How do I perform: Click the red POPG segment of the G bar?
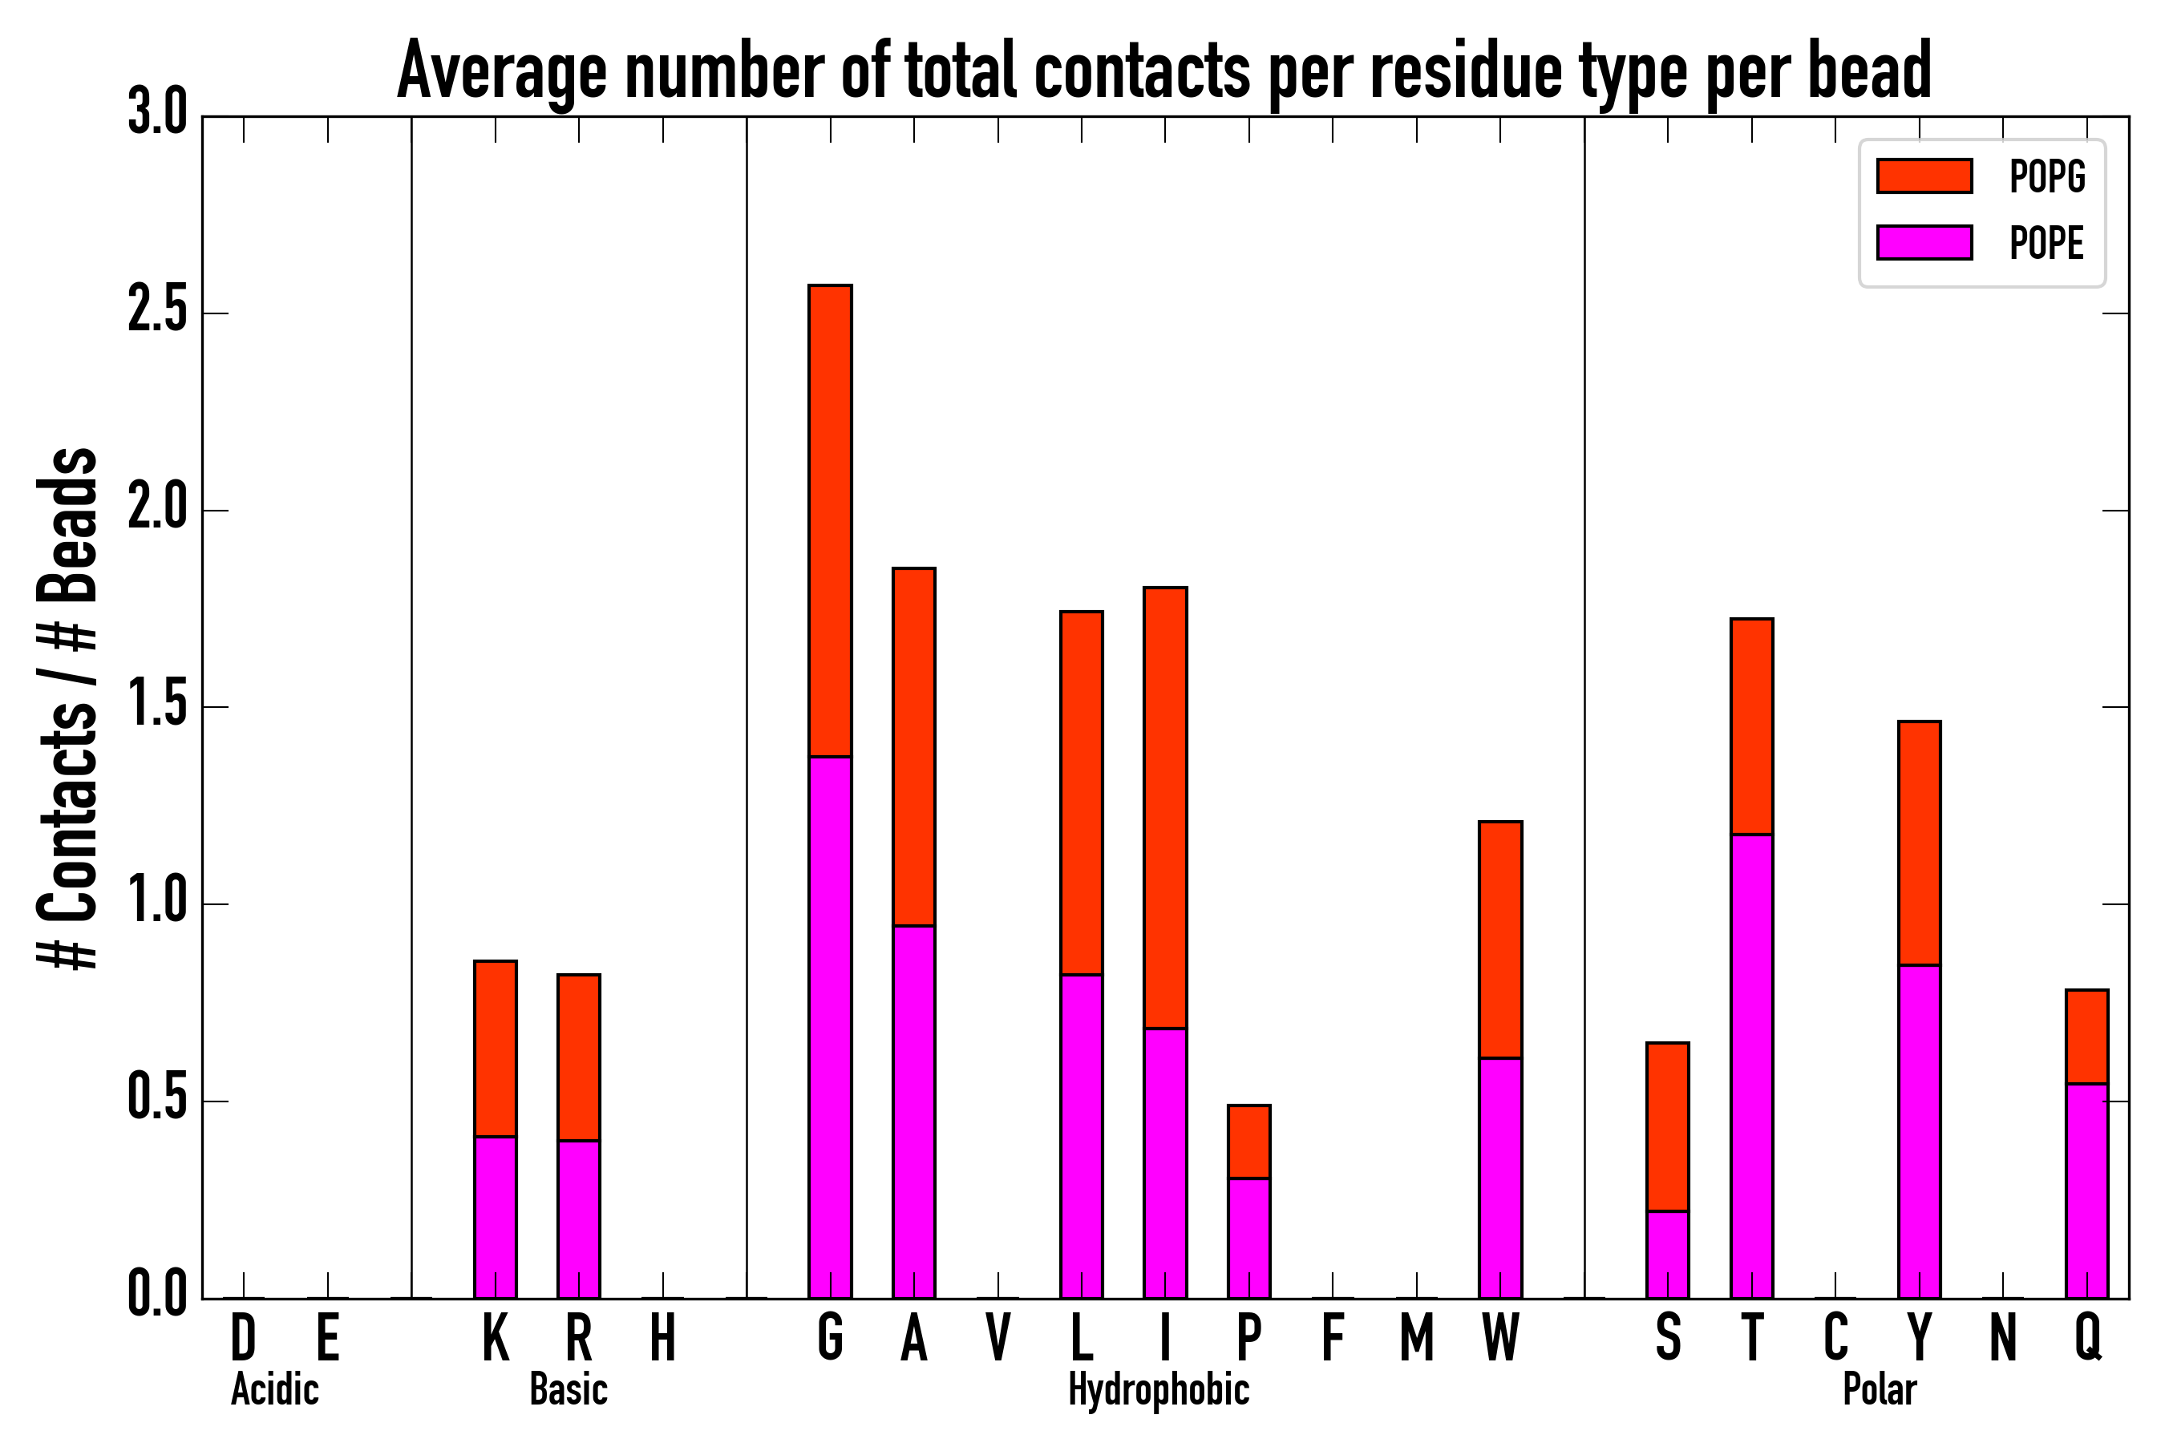pos(829,520)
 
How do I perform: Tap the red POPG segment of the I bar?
pos(1164,807)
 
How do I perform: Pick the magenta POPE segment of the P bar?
pos(1248,1238)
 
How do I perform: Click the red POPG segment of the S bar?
pos(1667,1126)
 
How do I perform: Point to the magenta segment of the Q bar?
pos(2086,1190)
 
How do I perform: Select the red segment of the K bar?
pos(496,1049)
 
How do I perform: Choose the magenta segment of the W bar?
pos(1499,1177)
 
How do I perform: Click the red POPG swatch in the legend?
pos(1924,176)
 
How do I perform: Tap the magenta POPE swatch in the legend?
pos(1924,242)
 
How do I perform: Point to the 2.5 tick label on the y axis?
pos(157,312)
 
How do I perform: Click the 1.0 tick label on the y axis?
pos(157,903)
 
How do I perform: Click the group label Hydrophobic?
pos(1158,1388)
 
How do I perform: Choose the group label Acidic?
pos(274,1388)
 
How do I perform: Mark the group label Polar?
pos(1879,1388)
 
